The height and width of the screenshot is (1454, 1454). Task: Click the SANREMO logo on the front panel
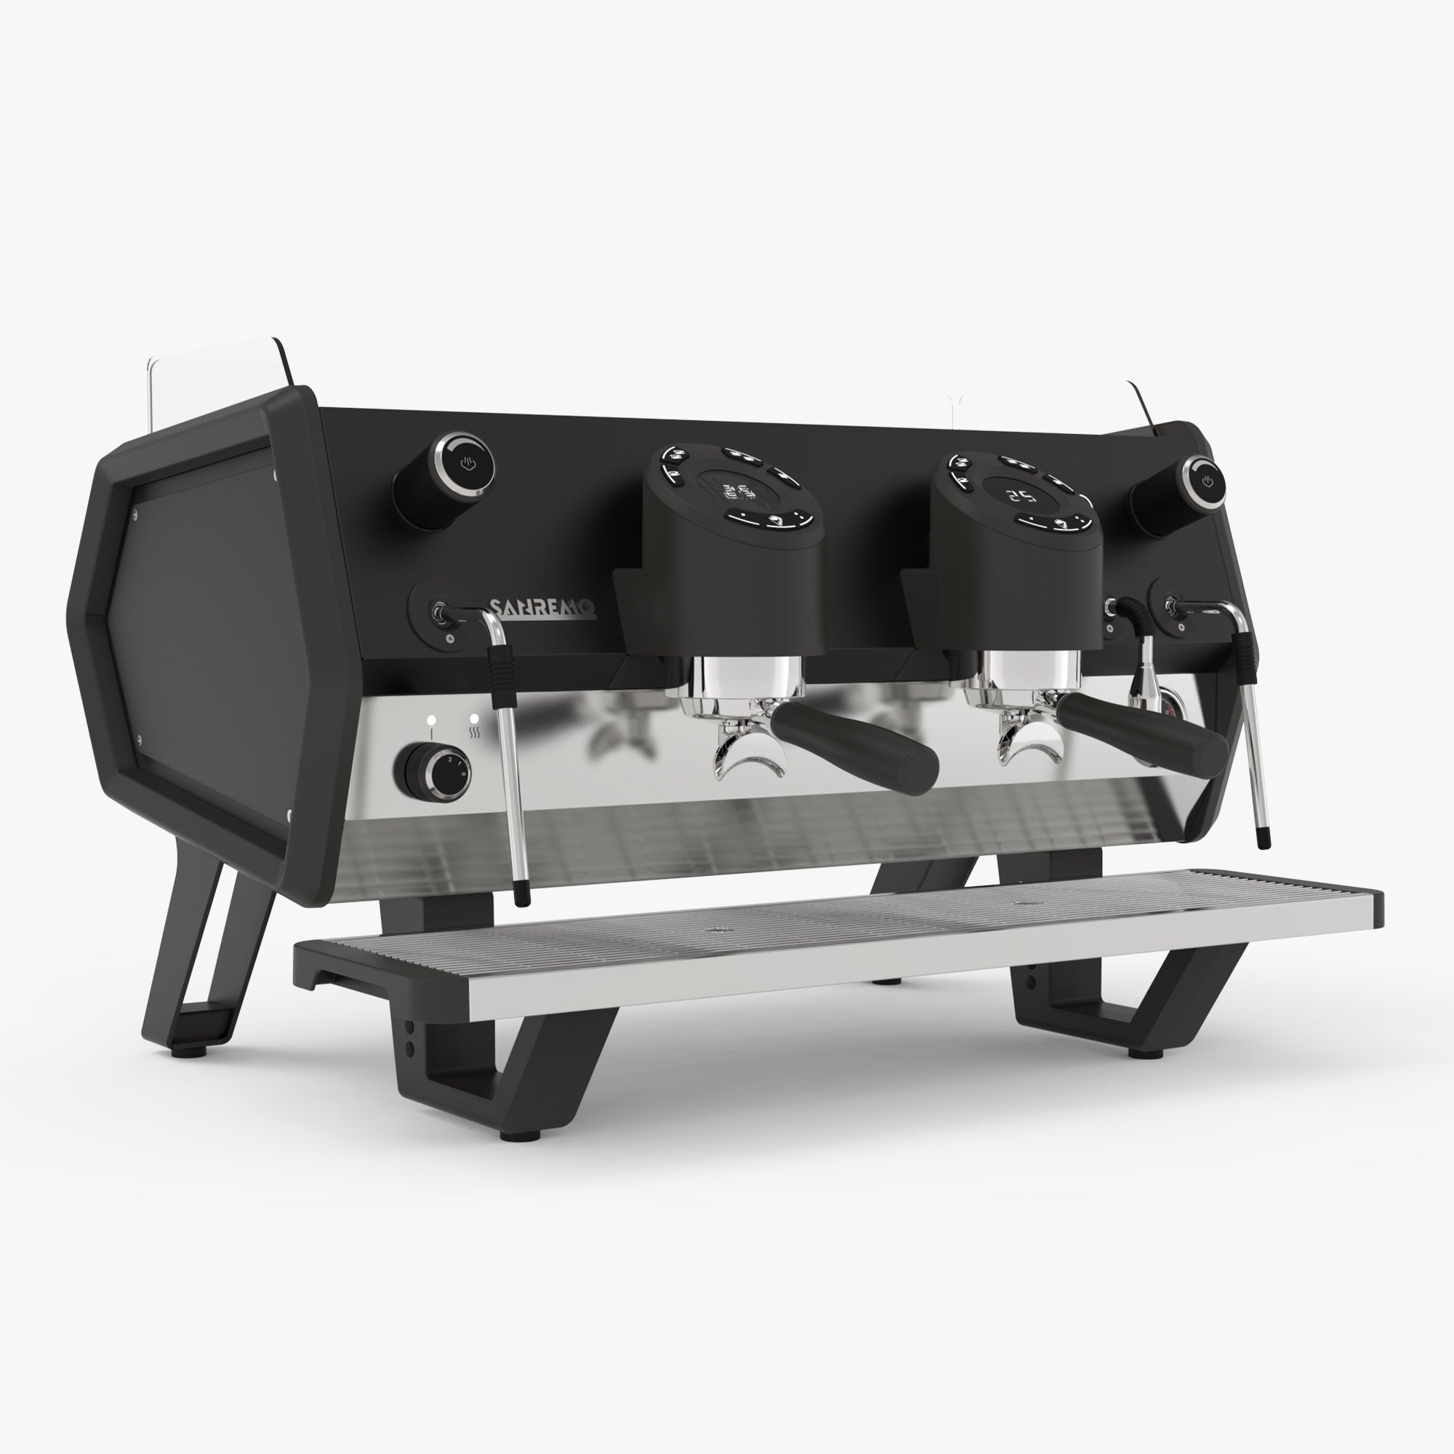pos(542,608)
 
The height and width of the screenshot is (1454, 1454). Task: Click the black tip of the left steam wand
pos(521,895)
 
